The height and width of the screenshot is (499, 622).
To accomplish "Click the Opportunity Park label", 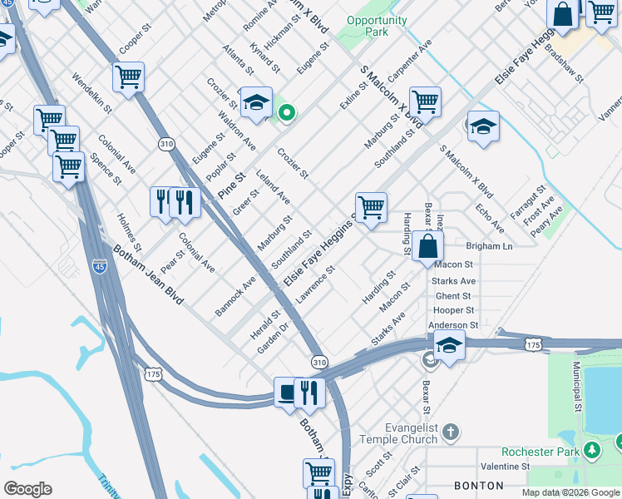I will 377,26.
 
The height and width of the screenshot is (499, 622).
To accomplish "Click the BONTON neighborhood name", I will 478,485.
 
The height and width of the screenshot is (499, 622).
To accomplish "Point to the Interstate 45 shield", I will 99,267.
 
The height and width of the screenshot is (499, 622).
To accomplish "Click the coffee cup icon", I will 289,392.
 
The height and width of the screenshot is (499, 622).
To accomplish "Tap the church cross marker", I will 450,432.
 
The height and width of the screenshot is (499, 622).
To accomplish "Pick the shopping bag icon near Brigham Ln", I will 427,246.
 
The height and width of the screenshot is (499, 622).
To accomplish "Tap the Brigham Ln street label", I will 489,247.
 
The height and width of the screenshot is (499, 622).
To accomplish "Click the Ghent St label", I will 453,295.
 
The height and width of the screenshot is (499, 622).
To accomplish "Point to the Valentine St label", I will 505,467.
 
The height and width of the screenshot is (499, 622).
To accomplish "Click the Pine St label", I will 233,185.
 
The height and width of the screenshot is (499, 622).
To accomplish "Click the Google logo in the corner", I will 27,489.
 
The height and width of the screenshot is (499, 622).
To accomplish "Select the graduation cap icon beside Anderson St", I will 448,344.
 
